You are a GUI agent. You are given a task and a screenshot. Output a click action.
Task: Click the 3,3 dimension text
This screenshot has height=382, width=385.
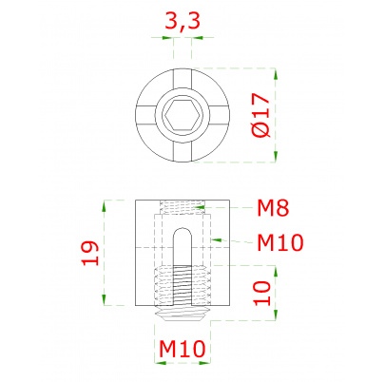pos(183,22)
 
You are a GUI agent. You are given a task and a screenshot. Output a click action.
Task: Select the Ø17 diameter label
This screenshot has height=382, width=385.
pos(260,115)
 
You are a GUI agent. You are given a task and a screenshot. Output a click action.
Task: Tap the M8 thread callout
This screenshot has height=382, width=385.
pos(273,208)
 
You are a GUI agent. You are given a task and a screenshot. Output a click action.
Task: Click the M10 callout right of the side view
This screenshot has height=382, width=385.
pos(279,242)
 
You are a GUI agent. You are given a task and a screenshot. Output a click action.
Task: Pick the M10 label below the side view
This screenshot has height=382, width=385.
pos(183,349)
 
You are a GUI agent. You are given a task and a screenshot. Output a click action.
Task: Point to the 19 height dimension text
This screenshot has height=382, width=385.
pos(90,253)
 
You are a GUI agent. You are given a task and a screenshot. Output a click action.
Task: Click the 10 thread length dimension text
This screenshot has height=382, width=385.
pos(262,294)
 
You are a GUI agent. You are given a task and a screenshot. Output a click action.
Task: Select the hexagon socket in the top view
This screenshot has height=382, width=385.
pos(183,115)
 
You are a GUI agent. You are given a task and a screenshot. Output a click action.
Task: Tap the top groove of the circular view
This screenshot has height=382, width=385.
pos(183,79)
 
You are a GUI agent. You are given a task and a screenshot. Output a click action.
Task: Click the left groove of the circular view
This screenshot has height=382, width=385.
pos(145,115)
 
